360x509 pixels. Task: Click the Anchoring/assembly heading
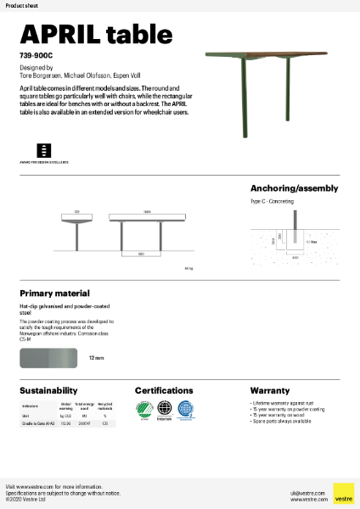pyautogui.click(x=294, y=188)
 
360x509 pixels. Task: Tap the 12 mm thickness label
pyautogui.click(x=96, y=358)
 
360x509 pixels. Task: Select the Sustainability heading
pyautogui.click(x=49, y=390)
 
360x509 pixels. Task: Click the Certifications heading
pyautogui.click(x=170, y=390)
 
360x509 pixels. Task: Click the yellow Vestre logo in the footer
pyautogui.click(x=343, y=493)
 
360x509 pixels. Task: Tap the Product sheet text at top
pyautogui.click(x=18, y=5)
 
